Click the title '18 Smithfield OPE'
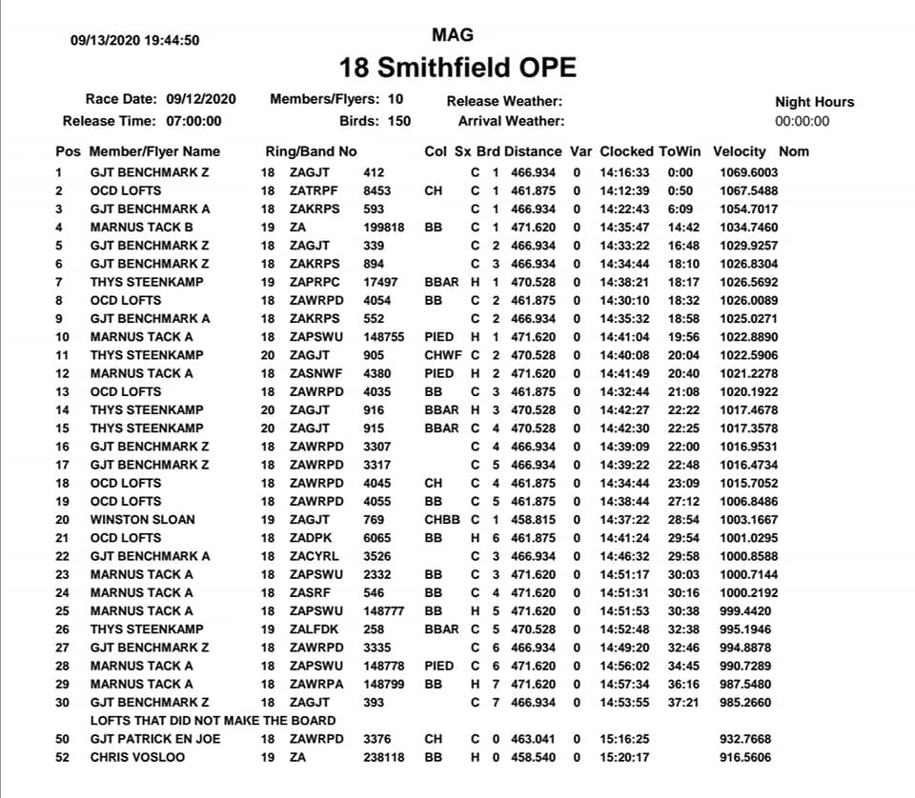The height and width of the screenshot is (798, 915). tap(457, 69)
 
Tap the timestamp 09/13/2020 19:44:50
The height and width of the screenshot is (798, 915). tap(134, 40)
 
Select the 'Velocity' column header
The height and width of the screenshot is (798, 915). tap(739, 151)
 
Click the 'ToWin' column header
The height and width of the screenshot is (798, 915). tap(680, 151)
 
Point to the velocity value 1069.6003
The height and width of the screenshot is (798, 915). tap(748, 172)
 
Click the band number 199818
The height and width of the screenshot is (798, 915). tap(384, 228)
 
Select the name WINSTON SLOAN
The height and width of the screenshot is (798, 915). tap(142, 519)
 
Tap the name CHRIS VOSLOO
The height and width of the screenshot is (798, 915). tap(138, 757)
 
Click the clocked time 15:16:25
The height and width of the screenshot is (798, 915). tap(624, 739)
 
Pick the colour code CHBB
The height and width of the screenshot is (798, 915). tap(442, 519)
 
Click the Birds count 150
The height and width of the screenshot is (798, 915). tap(399, 121)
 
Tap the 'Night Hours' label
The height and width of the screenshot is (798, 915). tap(814, 102)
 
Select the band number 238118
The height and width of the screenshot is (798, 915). tap(384, 757)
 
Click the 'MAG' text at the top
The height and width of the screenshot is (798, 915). tap(453, 35)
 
